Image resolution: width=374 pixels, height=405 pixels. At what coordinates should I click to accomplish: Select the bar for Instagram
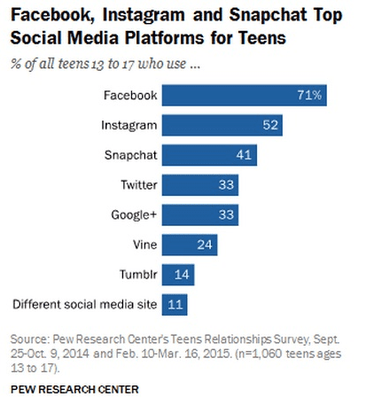[x=222, y=126]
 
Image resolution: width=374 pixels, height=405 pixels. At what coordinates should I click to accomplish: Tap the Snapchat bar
[x=210, y=156]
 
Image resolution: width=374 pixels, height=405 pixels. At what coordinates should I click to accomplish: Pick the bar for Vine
[x=190, y=245]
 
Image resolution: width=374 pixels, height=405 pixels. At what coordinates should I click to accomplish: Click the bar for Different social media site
[x=175, y=305]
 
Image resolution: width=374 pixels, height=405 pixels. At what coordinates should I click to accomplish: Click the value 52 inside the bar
[x=270, y=126]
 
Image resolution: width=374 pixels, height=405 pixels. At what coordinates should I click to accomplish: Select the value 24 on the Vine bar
[x=206, y=245]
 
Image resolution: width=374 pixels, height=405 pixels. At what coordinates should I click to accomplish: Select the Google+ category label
[x=135, y=215]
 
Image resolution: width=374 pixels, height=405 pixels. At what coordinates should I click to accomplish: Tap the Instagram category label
[x=131, y=126]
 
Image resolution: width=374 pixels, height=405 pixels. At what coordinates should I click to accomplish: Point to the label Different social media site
[x=85, y=305]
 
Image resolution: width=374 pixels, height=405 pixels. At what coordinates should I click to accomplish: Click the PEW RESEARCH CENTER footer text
[x=75, y=388]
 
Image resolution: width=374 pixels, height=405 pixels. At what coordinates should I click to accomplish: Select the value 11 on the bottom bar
[x=175, y=305]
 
